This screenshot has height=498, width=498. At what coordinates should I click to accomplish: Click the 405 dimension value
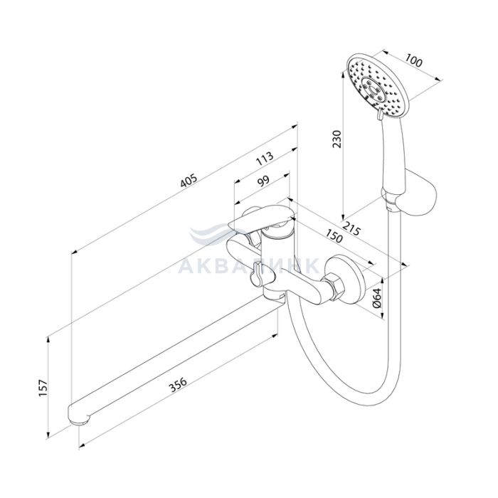(189, 180)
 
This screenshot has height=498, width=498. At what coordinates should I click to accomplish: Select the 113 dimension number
(265, 158)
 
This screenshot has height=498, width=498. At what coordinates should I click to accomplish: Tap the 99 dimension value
(263, 181)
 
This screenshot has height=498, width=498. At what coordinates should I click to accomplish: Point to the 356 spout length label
(178, 385)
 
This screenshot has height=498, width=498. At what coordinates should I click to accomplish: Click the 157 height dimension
(43, 388)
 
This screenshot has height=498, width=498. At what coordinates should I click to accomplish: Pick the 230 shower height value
(337, 139)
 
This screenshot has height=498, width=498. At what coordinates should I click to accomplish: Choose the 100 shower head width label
(414, 60)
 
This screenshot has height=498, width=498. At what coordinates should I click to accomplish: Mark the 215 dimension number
(352, 228)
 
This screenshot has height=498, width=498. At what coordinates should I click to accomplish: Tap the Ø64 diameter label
(376, 298)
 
